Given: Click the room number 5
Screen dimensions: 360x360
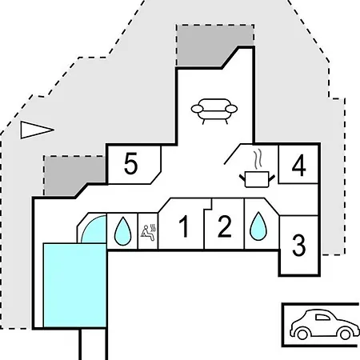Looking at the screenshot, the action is click(x=131, y=163).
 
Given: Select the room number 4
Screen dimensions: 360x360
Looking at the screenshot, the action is click(x=299, y=166).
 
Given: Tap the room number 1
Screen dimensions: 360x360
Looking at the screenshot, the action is click(x=184, y=226).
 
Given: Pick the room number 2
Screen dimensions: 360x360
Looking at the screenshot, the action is click(x=225, y=226).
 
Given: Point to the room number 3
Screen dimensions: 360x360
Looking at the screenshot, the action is click(x=298, y=246).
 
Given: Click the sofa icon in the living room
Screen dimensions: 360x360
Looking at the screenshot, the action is click(x=214, y=111).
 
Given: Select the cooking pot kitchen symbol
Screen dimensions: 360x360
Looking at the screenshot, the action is click(x=257, y=180).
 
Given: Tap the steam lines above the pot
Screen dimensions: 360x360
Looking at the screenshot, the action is click(x=258, y=160).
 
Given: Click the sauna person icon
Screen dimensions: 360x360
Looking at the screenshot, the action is click(x=148, y=233).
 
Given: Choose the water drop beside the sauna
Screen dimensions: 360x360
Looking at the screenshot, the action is click(x=122, y=231).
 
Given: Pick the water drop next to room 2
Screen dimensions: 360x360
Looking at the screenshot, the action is click(x=258, y=226).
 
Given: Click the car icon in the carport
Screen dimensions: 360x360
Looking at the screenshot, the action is click(x=325, y=324).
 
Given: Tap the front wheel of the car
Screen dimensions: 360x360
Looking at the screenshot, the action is click(x=346, y=334).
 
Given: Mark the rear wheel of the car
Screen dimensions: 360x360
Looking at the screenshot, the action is click(x=302, y=334).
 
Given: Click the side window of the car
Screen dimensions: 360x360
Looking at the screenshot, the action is click(x=322, y=318).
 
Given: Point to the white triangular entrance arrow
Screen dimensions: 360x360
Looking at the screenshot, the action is click(x=37, y=130).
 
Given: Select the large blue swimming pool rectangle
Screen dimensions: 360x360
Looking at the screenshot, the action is click(x=75, y=285).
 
